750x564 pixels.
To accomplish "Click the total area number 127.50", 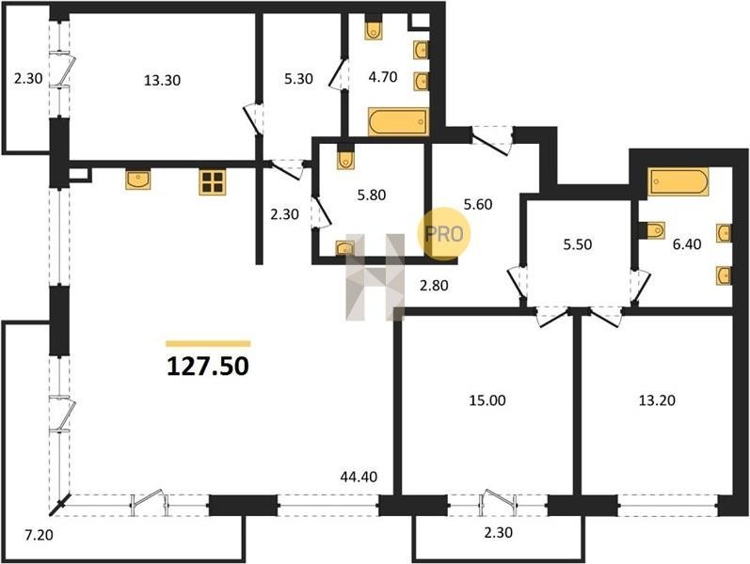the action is pyautogui.click(x=208, y=367).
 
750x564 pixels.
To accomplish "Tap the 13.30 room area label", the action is pyautogui.click(x=163, y=80).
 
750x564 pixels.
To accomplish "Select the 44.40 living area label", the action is pyautogui.click(x=359, y=477).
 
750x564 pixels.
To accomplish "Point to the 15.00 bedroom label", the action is pyautogui.click(x=487, y=400).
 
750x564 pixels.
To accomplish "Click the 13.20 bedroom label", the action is pyautogui.click(x=657, y=400).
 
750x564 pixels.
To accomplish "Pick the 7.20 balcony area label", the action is pyautogui.click(x=39, y=535).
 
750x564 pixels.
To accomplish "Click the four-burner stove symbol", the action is pyautogui.click(x=213, y=182).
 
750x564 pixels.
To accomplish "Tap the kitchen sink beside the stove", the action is pyautogui.click(x=138, y=179).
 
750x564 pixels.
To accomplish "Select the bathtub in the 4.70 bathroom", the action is pyautogui.click(x=398, y=122).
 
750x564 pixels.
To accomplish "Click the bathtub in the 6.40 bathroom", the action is pyautogui.click(x=678, y=181).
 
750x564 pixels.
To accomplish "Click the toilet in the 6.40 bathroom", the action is pyautogui.click(x=652, y=230).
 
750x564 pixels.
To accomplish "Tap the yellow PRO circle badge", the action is pyautogui.click(x=444, y=234).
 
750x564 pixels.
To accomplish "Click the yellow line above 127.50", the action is pyautogui.click(x=208, y=343).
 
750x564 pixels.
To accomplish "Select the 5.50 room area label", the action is pyautogui.click(x=578, y=244).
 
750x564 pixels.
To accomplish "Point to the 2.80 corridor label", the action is pyautogui.click(x=434, y=286).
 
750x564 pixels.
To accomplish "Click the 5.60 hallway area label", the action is pyautogui.click(x=478, y=204).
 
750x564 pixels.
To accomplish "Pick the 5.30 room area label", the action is pyautogui.click(x=298, y=78).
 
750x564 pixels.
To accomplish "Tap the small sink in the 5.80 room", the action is pyautogui.click(x=344, y=248).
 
